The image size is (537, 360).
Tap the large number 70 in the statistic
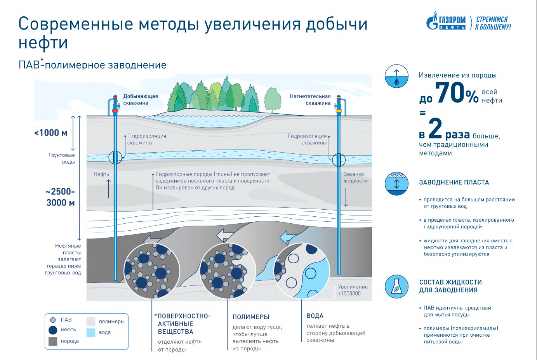pyautogui.click(x=450, y=93)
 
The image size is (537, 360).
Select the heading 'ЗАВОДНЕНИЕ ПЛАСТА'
pyautogui.click(x=454, y=182)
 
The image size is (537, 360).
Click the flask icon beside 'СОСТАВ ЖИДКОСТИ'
pyautogui.click(x=396, y=287)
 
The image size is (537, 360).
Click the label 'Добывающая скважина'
pyautogui.click(x=140, y=99)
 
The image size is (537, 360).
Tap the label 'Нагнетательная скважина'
pyautogui.click(x=310, y=99)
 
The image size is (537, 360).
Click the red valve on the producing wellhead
pyautogui.click(x=115, y=111)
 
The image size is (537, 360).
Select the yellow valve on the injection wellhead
pyautogui.click(x=339, y=111)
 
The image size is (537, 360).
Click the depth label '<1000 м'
pyautogui.click(x=51, y=133)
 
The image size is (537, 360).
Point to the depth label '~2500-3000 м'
pyautogui.click(x=60, y=197)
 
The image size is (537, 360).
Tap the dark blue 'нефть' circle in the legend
pyautogui.click(x=53, y=330)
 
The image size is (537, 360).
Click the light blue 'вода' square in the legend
pyautogui.click(x=91, y=332)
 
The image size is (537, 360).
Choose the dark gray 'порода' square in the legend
pyautogui.click(x=53, y=341)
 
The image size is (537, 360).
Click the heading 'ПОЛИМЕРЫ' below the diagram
pyautogui.click(x=251, y=317)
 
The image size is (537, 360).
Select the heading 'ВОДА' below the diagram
pyautogui.click(x=315, y=316)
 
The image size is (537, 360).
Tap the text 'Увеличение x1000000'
pyautogui.click(x=353, y=290)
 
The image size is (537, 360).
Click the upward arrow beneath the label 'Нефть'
pyautogui.click(x=108, y=188)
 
